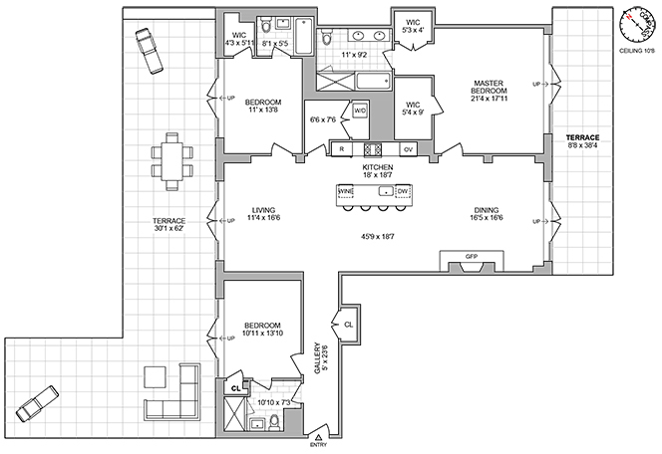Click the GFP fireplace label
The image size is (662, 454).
tap(472, 257)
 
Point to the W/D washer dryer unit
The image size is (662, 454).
tap(360, 111)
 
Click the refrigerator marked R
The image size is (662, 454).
tap(342, 149)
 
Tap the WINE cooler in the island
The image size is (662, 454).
tap(347, 190)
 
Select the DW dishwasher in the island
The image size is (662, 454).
tap(403, 190)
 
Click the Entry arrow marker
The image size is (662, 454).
tap(318, 436)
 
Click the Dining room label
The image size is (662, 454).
tap(486, 210)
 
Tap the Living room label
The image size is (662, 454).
tap(263, 210)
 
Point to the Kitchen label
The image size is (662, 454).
tap(377, 166)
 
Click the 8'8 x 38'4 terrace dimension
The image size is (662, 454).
tap(582, 146)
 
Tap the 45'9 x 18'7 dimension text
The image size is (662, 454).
tap(377, 237)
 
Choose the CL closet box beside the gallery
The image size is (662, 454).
tap(349, 325)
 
